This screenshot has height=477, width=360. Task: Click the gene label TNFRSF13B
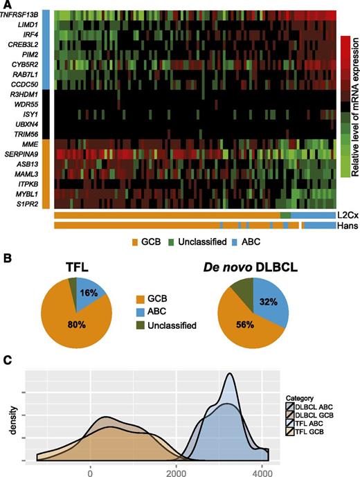point(26,14)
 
